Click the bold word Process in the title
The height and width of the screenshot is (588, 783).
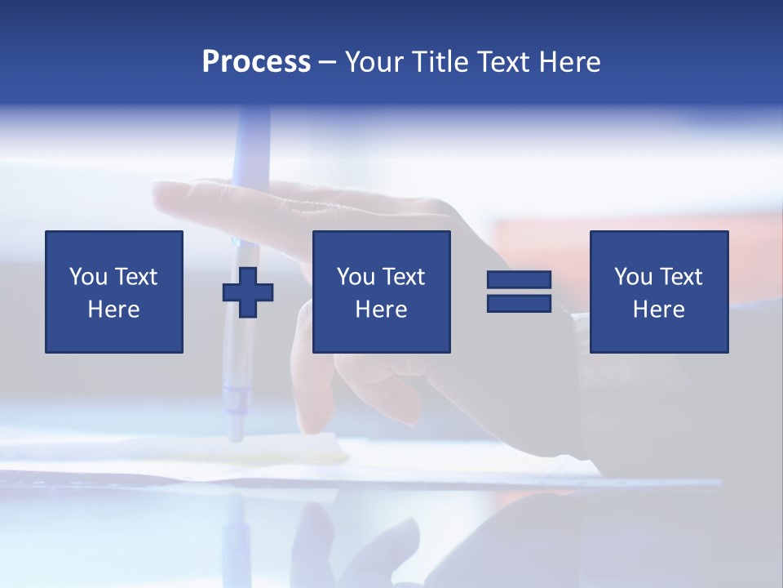(x=256, y=62)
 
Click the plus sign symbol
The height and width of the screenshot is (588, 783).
(x=248, y=292)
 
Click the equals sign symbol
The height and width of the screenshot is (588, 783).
(x=519, y=292)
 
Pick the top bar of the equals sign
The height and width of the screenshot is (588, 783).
(x=519, y=280)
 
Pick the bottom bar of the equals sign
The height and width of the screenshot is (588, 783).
(x=519, y=303)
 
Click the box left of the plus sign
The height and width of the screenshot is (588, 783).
(x=114, y=292)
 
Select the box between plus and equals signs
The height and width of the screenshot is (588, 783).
(x=382, y=292)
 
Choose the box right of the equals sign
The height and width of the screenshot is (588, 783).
(x=659, y=292)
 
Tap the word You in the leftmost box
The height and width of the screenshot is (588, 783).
(x=88, y=277)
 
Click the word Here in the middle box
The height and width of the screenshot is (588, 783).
(x=382, y=310)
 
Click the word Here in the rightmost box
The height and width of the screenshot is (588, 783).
(x=659, y=310)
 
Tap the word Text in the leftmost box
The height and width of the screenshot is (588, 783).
(x=135, y=277)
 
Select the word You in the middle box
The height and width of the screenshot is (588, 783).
(x=356, y=277)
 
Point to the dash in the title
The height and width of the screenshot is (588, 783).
(x=327, y=63)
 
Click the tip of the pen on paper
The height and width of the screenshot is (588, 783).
(x=235, y=438)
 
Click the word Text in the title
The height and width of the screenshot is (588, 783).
(x=504, y=62)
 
